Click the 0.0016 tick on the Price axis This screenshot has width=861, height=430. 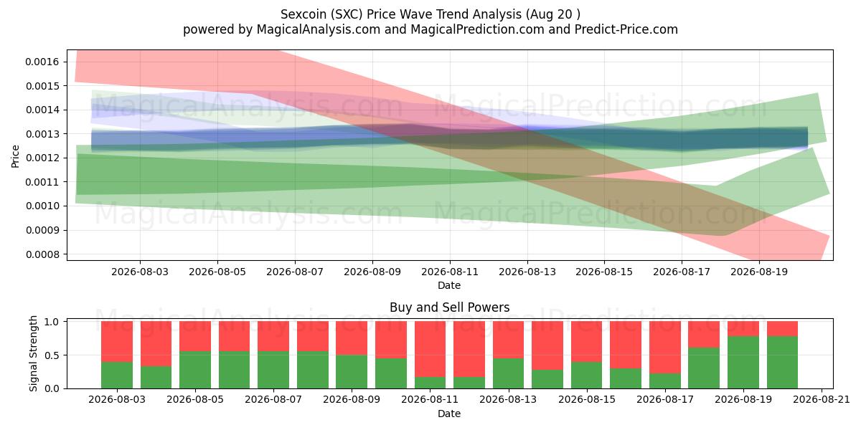tap(42, 62)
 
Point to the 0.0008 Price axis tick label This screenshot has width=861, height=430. tap(42, 254)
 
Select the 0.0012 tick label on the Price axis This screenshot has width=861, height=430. tap(42, 158)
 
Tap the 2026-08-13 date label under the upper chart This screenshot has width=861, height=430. tap(527, 272)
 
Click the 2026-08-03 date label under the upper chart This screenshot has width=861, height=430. tap(140, 272)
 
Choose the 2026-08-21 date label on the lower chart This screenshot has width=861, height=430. tap(822, 399)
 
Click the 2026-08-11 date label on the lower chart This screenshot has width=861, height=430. tap(430, 399)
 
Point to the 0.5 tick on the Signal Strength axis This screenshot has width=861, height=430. tap(52, 355)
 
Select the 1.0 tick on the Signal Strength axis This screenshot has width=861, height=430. tap(52, 322)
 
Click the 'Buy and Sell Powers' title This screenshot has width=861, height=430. tap(449, 307)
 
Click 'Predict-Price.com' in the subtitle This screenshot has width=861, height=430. tap(626, 29)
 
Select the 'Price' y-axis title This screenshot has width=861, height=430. tap(15, 156)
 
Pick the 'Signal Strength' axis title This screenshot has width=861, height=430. tap(33, 353)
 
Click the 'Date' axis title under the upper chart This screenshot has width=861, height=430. tap(449, 285)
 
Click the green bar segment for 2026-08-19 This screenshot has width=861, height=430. tap(743, 363)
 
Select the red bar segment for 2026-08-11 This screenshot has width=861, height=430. tap(430, 349)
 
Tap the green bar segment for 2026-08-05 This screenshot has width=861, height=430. tap(195, 370)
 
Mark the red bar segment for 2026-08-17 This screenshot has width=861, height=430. tap(664, 348)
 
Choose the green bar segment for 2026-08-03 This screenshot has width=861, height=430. tap(117, 375)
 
